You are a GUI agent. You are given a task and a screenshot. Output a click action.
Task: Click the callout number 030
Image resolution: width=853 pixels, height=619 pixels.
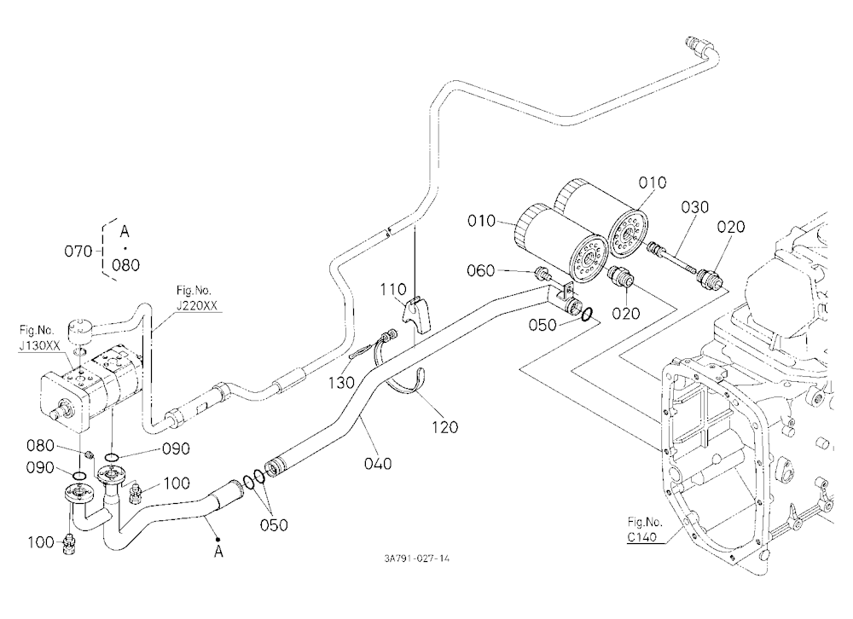[x=694, y=207]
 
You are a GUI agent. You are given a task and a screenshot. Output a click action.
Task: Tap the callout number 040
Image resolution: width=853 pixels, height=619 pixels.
[x=378, y=464]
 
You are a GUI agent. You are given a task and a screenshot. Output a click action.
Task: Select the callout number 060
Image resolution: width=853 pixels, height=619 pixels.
[x=481, y=270]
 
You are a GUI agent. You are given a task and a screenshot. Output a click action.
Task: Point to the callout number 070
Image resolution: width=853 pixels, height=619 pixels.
[x=78, y=252]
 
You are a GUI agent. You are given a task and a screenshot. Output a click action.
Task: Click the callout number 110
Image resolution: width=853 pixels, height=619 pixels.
[x=393, y=289]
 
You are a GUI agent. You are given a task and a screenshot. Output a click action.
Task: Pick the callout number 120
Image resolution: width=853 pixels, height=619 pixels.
[x=445, y=427]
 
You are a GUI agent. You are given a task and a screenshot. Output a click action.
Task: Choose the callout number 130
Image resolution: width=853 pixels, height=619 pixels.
[x=341, y=383]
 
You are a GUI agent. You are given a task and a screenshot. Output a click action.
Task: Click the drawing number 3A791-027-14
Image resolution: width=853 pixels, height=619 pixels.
[x=417, y=558]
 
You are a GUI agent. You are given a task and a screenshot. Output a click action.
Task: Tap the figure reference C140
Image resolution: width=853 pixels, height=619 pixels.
[x=642, y=537]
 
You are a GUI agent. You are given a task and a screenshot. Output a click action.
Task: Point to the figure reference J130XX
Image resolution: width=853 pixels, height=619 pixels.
[x=39, y=344]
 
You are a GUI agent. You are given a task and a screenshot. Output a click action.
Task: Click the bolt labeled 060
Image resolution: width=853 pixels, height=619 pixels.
[x=542, y=273]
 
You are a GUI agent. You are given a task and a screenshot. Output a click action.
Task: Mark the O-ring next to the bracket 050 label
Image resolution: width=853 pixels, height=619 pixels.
[x=586, y=315]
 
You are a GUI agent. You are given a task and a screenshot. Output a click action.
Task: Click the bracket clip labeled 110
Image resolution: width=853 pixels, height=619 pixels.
[x=417, y=314]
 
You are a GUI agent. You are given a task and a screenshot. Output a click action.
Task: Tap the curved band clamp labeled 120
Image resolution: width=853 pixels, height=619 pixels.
[x=408, y=384]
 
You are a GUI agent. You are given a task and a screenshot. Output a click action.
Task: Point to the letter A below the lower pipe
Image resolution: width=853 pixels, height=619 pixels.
[x=218, y=552]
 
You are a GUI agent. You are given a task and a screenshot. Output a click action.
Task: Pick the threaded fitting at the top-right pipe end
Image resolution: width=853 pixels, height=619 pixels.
[x=694, y=43]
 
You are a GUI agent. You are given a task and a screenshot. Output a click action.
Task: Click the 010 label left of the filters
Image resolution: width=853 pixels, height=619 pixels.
[x=481, y=221]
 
